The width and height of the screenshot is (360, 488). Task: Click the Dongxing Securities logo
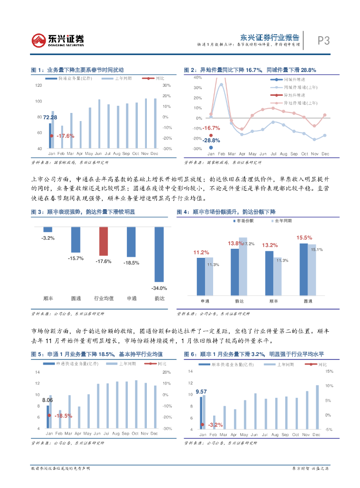pos(58,41)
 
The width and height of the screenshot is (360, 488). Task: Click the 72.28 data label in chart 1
pos(50,117)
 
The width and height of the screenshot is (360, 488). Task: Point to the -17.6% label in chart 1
pos(65,136)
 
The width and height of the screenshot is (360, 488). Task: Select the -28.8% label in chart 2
pos(211,140)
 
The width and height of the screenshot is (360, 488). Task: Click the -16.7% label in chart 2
pos(211,128)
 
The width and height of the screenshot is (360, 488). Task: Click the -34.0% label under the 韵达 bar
pos(159,288)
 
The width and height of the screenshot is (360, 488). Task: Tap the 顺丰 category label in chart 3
pos(48,298)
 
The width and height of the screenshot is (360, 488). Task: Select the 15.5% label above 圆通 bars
pos(304,237)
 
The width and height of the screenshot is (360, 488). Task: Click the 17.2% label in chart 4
pos(249,244)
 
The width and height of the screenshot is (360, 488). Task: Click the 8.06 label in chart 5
pos(47,400)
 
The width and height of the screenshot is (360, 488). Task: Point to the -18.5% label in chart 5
pos(63,416)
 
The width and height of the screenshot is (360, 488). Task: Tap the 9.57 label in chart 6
pos(201,392)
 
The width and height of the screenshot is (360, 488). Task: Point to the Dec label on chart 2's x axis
pos(325,154)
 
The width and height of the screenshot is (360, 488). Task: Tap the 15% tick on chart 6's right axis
pos(329,371)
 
